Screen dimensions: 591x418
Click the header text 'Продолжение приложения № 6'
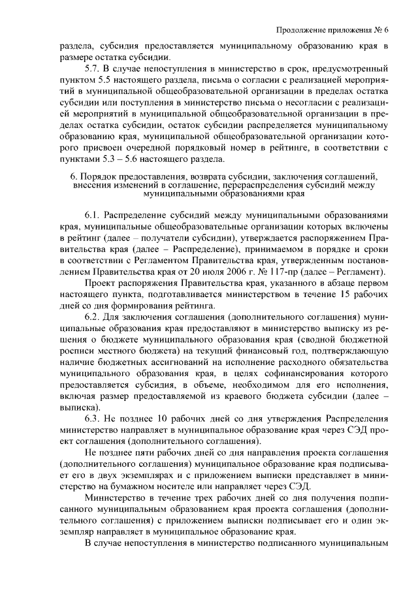click(332, 31)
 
